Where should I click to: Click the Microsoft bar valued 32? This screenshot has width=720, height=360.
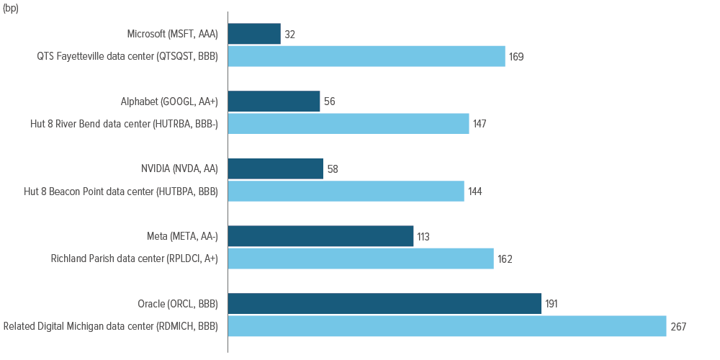click(254, 34)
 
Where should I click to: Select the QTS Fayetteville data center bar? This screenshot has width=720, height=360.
click(367, 56)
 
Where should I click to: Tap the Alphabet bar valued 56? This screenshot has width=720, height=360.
click(274, 101)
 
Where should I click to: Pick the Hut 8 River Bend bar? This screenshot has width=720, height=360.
click(348, 124)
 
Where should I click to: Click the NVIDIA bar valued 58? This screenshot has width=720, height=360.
click(276, 168)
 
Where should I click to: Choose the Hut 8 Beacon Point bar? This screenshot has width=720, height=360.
click(346, 191)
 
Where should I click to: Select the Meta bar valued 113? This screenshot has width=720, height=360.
click(321, 236)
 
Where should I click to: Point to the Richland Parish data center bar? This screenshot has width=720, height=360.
click(361, 258)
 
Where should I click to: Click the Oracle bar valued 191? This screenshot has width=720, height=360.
click(384, 304)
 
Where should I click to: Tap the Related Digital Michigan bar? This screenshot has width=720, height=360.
click(447, 326)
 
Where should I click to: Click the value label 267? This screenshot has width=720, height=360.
click(678, 326)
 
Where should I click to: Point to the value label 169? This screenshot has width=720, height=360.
click(516, 57)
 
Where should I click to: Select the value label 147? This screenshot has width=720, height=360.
click(480, 124)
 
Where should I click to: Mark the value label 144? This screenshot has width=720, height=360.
click(475, 192)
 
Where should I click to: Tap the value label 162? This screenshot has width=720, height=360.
click(505, 259)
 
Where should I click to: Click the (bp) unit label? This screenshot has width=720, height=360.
click(11, 9)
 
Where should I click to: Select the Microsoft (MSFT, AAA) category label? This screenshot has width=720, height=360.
click(172, 35)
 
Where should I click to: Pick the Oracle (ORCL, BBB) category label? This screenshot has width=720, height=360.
click(178, 304)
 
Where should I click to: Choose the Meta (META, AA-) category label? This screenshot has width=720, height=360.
click(179, 236)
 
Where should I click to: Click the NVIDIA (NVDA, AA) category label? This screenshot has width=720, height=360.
click(179, 169)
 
